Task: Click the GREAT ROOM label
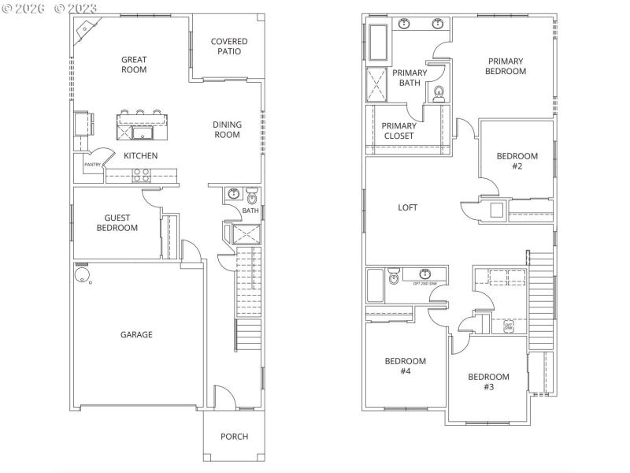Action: tap(134, 64)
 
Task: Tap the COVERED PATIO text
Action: tap(228, 47)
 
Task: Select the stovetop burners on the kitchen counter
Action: tap(142, 175)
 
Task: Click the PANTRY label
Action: tap(92, 165)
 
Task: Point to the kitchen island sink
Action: tap(143, 121)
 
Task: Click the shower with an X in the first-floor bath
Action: tap(242, 234)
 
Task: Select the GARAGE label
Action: tap(136, 334)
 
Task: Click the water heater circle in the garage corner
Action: tap(81, 275)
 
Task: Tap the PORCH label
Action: tap(234, 436)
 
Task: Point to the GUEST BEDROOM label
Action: tap(117, 223)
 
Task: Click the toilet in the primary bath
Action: tap(439, 94)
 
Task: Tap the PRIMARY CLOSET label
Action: tap(398, 131)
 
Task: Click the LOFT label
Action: tap(407, 208)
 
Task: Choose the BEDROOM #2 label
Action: tap(517, 161)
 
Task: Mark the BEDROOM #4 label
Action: tap(405, 366)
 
